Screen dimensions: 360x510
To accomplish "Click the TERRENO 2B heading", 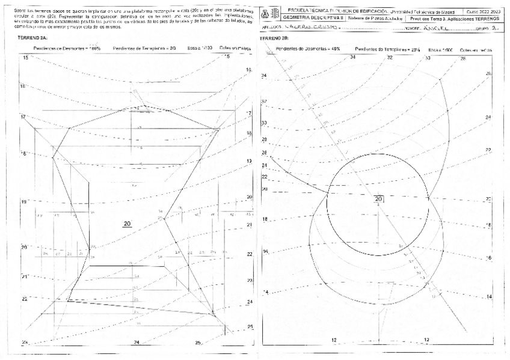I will tap(272, 38).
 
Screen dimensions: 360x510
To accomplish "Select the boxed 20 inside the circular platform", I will tap(379, 199).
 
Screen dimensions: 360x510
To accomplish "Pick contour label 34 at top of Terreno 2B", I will tap(353, 57).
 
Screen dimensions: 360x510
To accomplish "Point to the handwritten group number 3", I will tap(494, 28).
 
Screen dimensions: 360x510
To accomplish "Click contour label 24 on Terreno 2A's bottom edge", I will tap(137, 342).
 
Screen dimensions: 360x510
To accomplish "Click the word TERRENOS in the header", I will tap(488, 18).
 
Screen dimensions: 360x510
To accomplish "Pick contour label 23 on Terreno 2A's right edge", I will tap(250, 280).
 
